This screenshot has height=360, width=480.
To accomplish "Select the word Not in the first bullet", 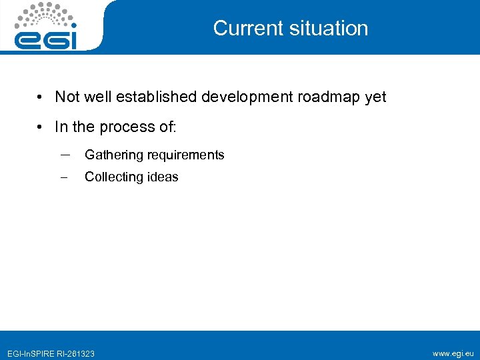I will [67, 97].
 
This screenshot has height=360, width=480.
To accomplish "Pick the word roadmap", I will [329, 97].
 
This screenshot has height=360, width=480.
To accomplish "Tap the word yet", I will [375, 97].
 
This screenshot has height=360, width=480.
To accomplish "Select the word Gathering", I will [114, 155].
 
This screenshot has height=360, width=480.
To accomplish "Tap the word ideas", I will [162, 177].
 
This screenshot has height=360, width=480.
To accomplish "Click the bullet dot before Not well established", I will [41, 97].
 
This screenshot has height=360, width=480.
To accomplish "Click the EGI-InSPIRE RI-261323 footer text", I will [51, 353].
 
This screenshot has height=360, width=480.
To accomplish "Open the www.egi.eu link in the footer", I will [453, 353].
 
